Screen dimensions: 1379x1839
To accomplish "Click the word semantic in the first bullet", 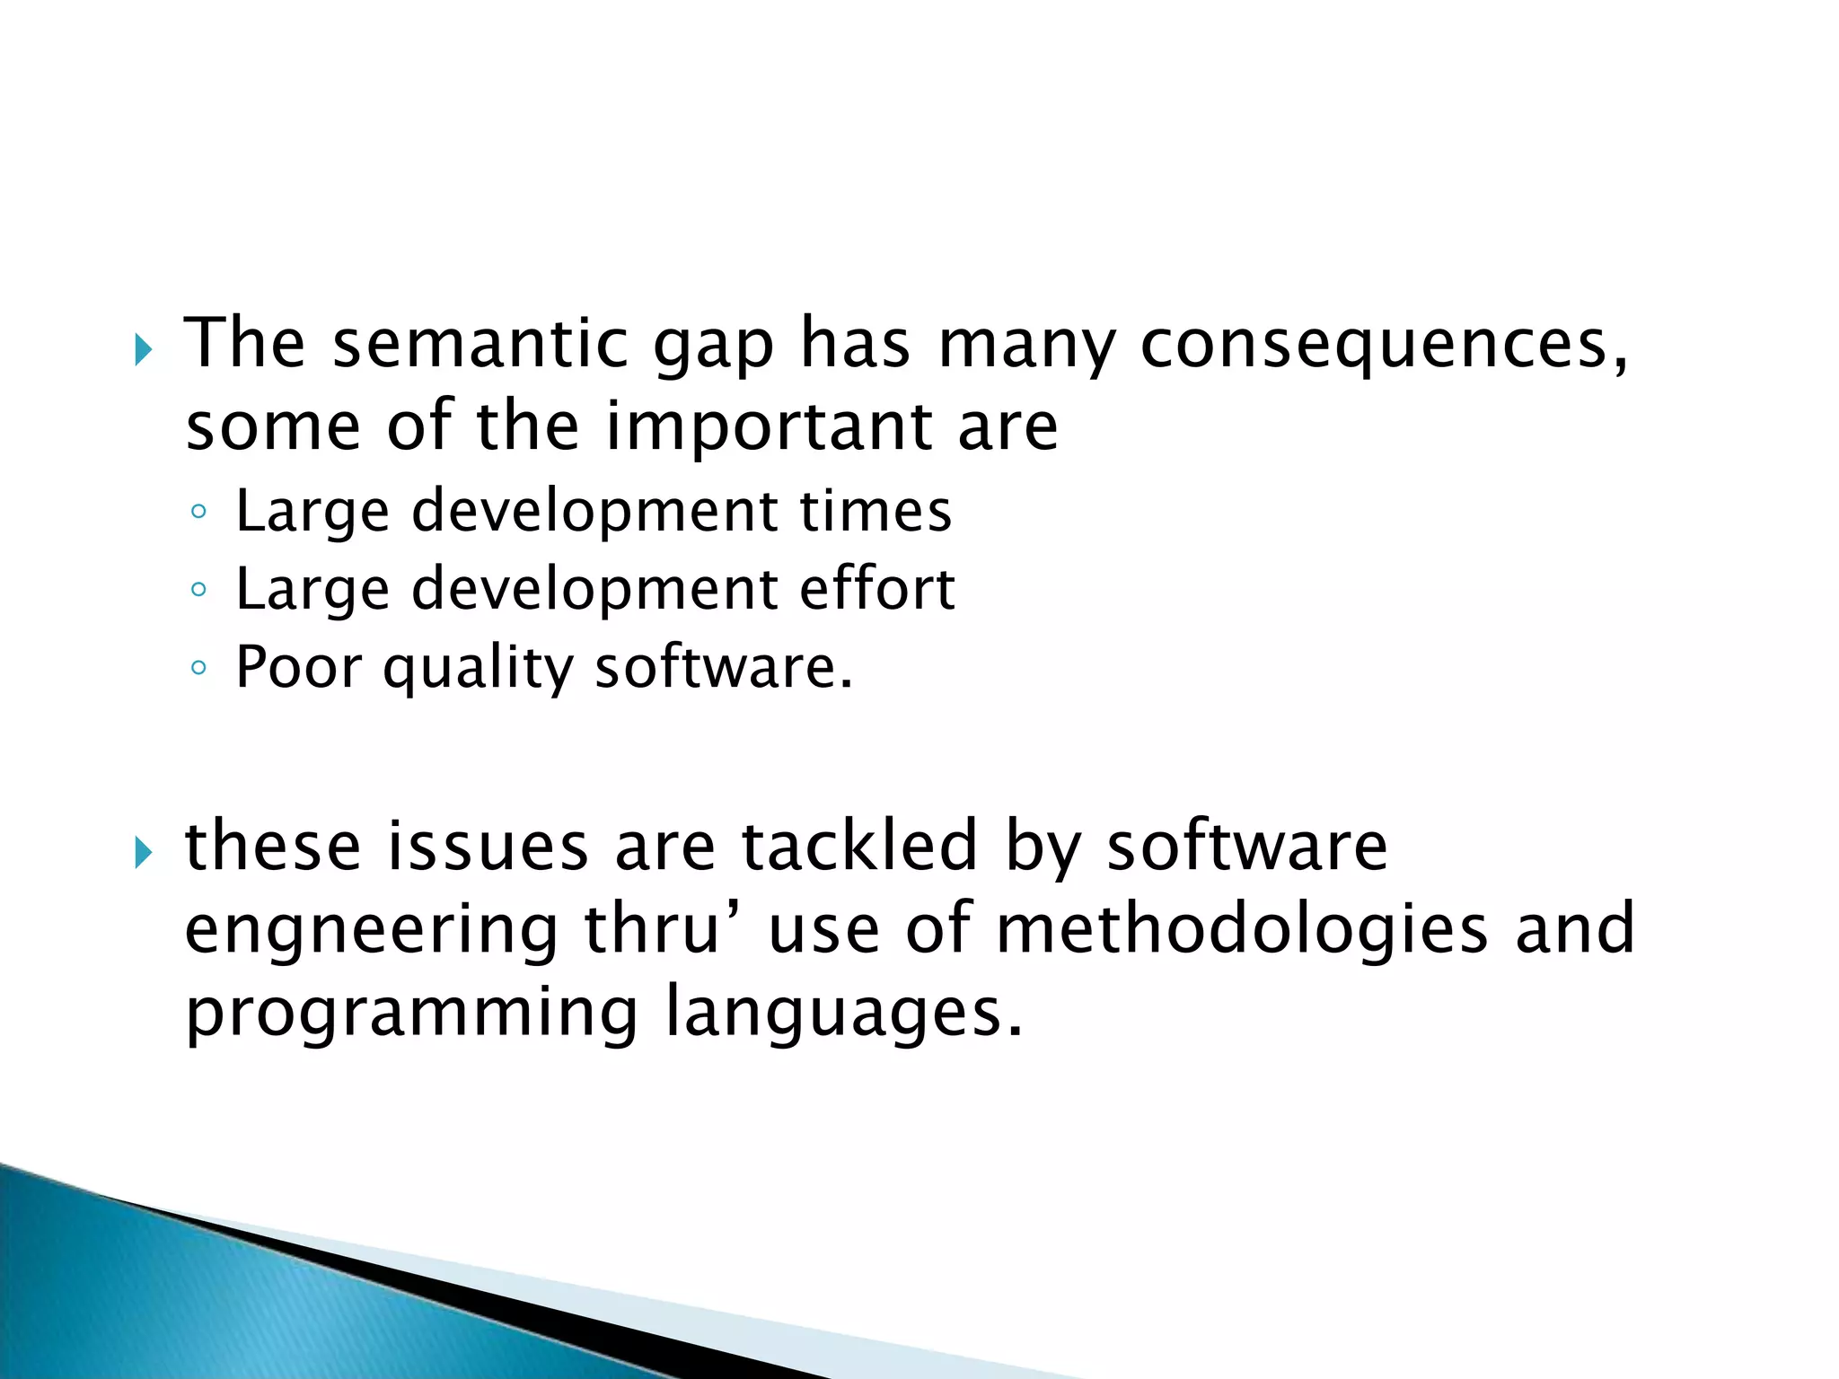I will click(x=480, y=343).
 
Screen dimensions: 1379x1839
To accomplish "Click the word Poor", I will click(x=298, y=667).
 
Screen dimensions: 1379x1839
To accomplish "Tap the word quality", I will click(x=478, y=669).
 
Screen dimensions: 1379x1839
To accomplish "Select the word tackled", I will click(x=858, y=846).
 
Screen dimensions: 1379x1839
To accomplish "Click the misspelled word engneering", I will click(x=372, y=931).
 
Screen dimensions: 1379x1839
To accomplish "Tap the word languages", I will click(x=844, y=1014).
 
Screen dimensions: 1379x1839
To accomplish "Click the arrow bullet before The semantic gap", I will click(x=144, y=349).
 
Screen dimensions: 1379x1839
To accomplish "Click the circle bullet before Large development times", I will click(x=198, y=513).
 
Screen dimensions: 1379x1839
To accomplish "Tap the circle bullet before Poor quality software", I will click(x=198, y=669).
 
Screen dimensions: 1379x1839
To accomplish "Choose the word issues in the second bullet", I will click(x=487, y=846).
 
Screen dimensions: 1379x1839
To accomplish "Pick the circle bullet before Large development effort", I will click(x=198, y=591).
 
